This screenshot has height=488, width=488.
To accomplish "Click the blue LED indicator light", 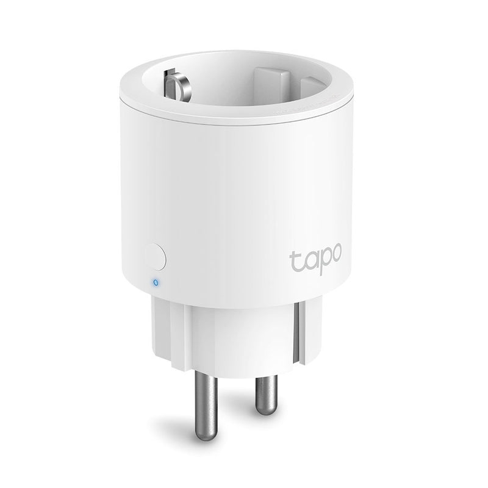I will point(157,282).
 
